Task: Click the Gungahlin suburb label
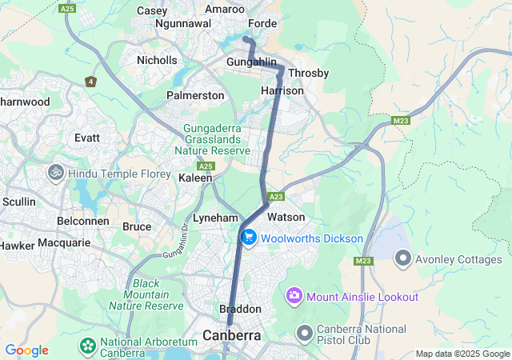tap(250, 62)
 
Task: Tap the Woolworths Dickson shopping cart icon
tap(248, 238)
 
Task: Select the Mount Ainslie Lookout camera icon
tap(294, 297)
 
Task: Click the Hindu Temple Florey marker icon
tap(56, 173)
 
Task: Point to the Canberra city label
tap(232, 335)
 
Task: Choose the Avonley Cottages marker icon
tap(402, 259)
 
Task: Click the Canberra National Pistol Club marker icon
tap(304, 332)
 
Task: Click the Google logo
tap(26, 350)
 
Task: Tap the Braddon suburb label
tap(240, 309)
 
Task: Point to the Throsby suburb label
tap(308, 73)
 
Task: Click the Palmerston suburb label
tap(195, 95)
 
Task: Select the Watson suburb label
tap(286, 217)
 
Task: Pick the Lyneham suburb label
tap(216, 218)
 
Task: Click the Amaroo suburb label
tap(225, 10)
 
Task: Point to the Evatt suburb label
tap(86, 138)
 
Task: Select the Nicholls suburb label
tap(157, 60)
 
